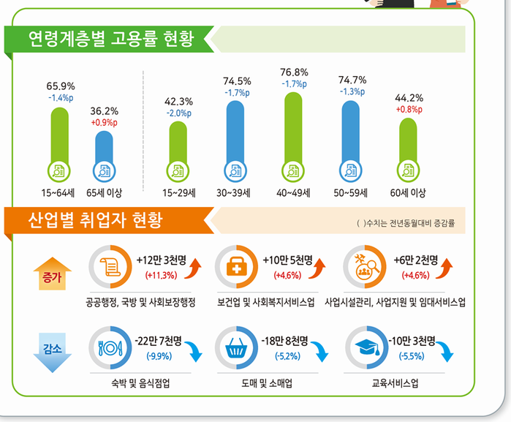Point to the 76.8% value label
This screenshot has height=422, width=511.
pyautogui.click(x=294, y=72)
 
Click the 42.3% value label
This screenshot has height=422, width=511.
pyautogui.click(x=178, y=102)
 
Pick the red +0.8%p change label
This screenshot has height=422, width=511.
pyautogui.click(x=409, y=110)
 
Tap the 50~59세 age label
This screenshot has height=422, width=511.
pyautogui.click(x=351, y=193)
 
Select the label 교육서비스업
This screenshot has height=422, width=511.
pyautogui.click(x=396, y=383)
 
